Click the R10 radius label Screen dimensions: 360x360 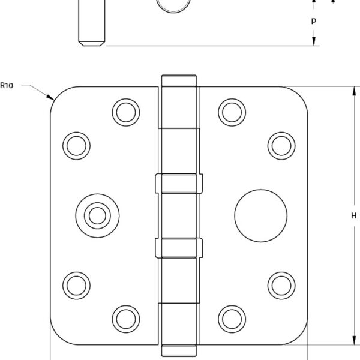(x=7, y=86)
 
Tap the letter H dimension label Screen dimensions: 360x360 (x=354, y=215)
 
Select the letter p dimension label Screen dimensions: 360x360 (x=314, y=20)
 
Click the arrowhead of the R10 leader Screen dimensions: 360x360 (x=50, y=97)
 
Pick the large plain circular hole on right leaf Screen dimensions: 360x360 (x=260, y=215)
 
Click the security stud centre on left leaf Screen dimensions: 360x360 (x=97, y=215)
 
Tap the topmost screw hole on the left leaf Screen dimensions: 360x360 (x=126, y=112)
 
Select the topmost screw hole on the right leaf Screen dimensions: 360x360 (x=232, y=112)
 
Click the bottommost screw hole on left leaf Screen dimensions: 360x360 (x=126, y=319)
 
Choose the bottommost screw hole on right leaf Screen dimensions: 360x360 (x=232, y=319)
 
